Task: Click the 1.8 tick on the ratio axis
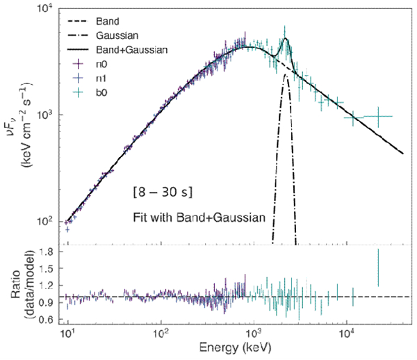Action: click(x=47, y=254)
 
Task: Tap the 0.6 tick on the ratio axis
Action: click(x=47, y=319)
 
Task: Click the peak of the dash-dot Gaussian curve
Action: click(x=286, y=75)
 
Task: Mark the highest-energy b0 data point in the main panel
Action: click(x=378, y=116)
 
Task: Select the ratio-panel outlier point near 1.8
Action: click(x=378, y=267)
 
